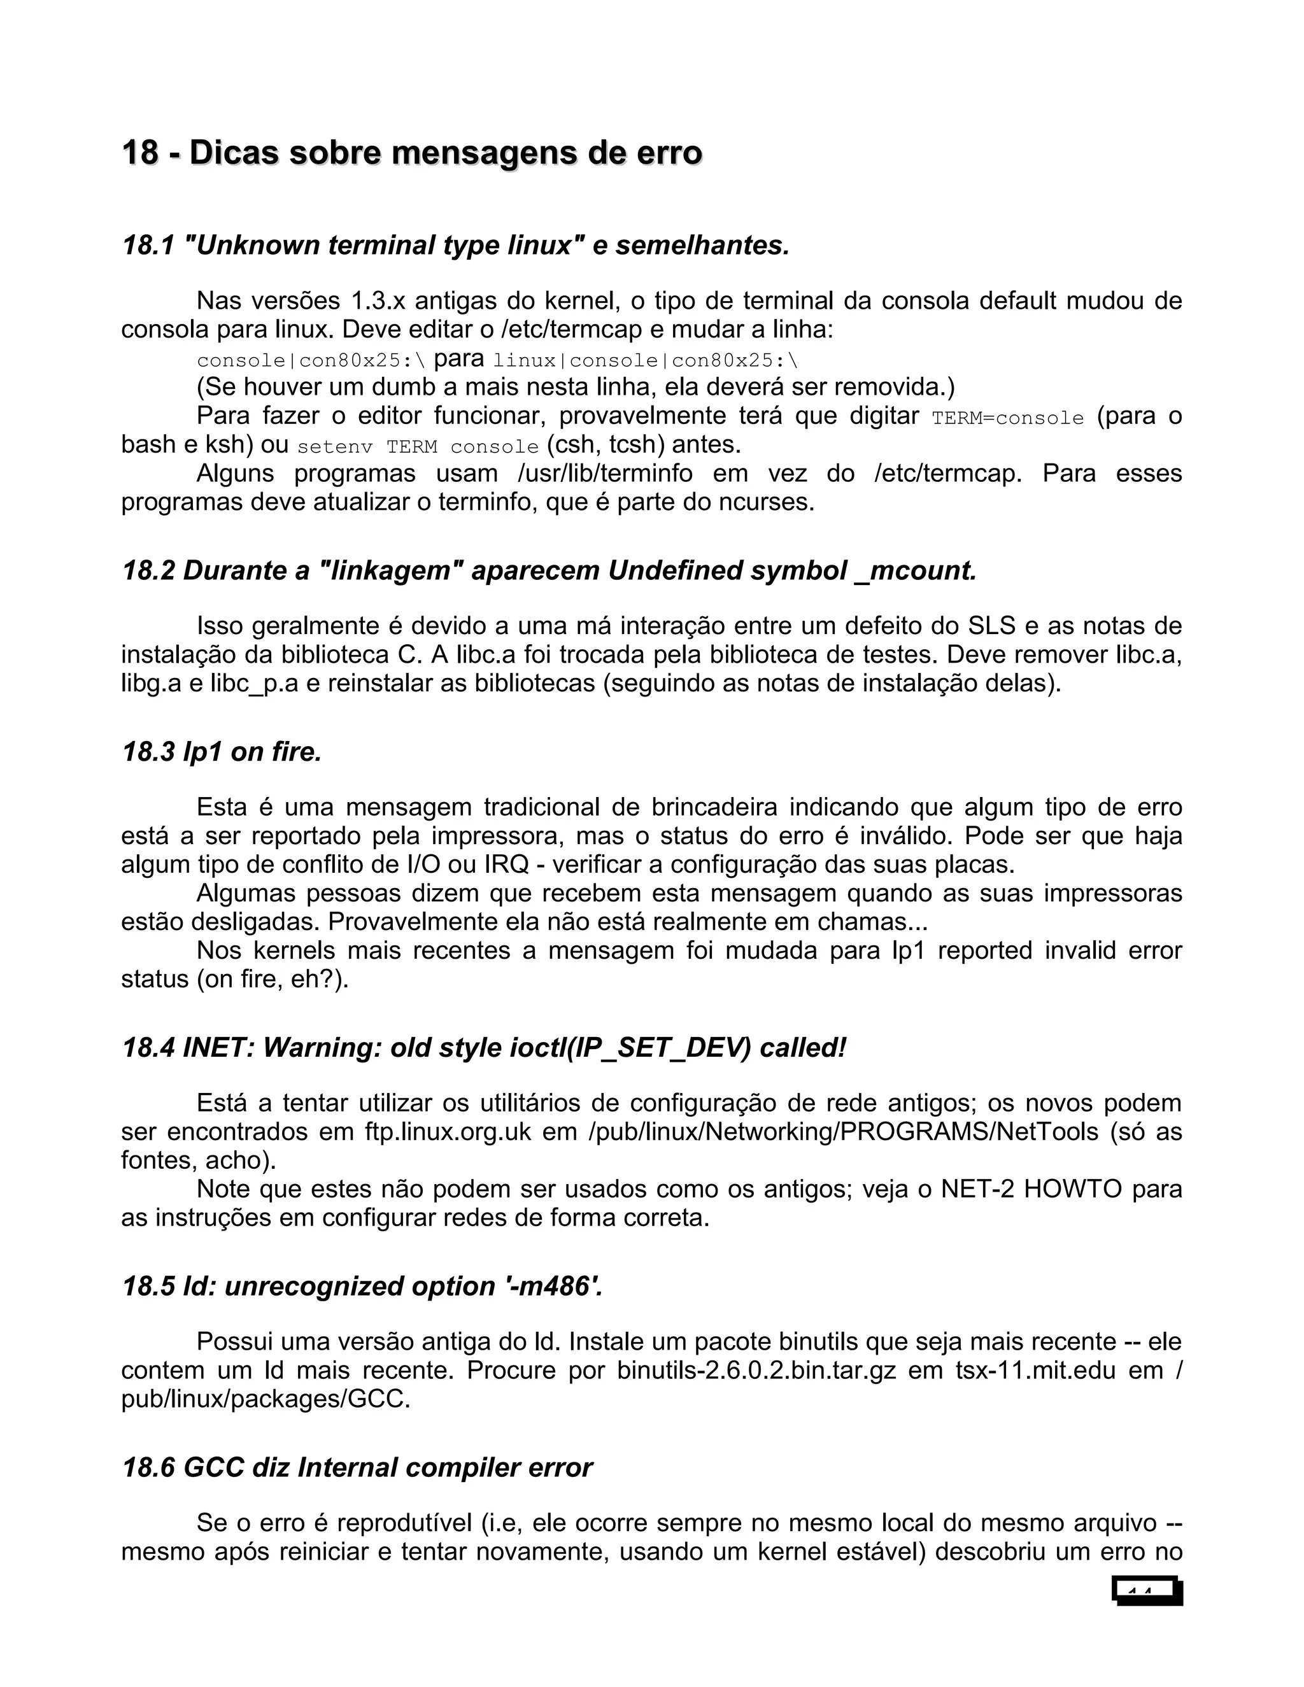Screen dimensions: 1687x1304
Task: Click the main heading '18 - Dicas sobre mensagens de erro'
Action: (412, 153)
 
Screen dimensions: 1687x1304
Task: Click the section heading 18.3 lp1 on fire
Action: (222, 752)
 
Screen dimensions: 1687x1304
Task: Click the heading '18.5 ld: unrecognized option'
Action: (362, 1286)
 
